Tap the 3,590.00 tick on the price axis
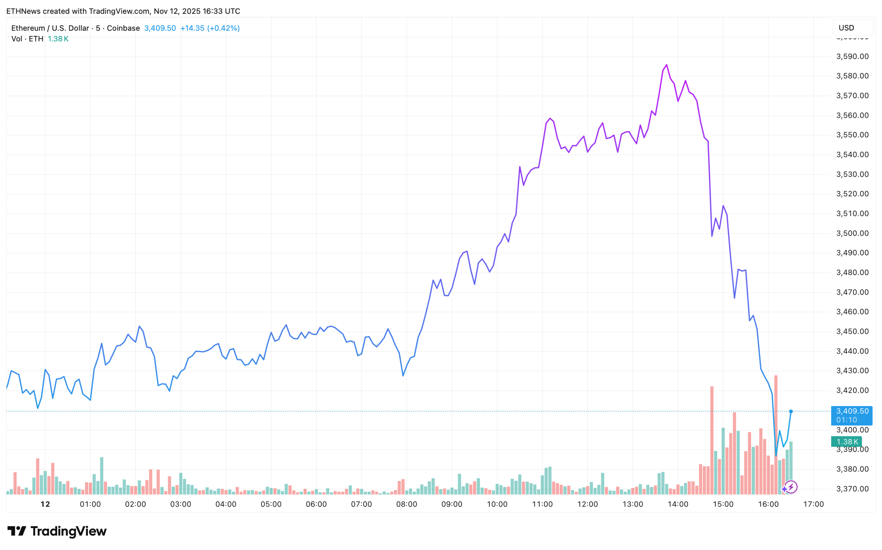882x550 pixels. (852, 56)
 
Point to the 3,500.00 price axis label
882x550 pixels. (852, 233)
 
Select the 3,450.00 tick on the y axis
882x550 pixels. (852, 331)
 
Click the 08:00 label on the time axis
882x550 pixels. (407, 504)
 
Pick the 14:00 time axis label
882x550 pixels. (678, 504)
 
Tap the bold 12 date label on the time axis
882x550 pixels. (45, 504)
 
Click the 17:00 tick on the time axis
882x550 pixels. (813, 504)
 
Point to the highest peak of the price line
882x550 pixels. (667, 65)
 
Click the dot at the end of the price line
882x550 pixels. (791, 411)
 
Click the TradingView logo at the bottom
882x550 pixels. (57, 531)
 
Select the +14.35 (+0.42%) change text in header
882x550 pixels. (210, 28)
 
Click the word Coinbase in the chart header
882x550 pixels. (123, 28)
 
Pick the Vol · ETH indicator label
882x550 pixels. (27, 39)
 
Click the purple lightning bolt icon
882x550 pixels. (791, 487)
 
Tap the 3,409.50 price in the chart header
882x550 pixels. (160, 28)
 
